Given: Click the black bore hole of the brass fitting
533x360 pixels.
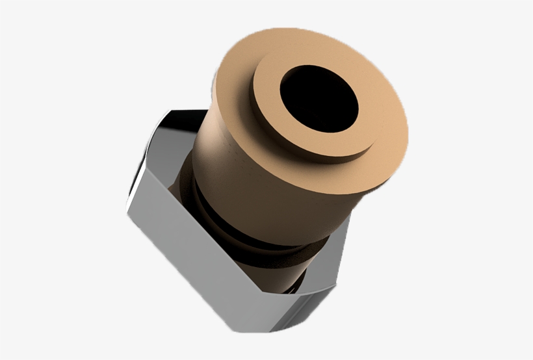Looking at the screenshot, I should tap(319, 98).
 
